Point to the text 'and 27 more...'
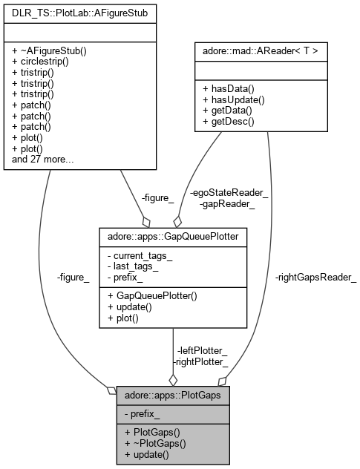(x=42, y=158)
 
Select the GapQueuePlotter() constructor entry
(x=154, y=295)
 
